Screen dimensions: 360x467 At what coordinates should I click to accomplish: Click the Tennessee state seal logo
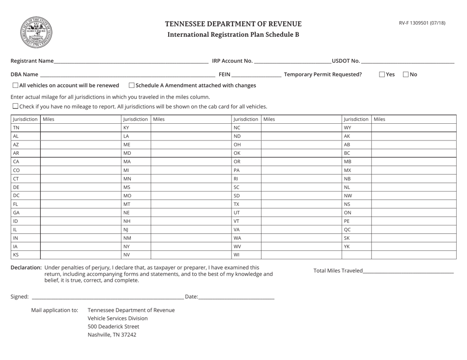click(35, 31)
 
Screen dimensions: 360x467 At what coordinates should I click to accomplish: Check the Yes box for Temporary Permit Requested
click(382, 75)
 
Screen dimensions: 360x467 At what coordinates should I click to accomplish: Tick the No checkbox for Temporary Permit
click(406, 75)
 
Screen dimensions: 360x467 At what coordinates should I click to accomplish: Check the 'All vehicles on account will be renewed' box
click(15, 85)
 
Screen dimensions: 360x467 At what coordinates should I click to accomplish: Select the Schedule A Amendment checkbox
click(131, 85)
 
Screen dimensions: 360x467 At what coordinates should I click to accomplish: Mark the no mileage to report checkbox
click(15, 106)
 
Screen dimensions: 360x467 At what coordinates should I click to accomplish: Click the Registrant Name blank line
click(131, 61)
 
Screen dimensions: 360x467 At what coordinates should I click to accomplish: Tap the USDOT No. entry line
click(408, 61)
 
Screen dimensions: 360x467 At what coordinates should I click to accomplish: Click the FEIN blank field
click(256, 75)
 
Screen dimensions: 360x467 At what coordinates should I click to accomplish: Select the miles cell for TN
click(81, 128)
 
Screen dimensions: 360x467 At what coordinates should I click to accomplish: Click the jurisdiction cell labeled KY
click(135, 128)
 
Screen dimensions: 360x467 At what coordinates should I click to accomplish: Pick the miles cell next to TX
click(301, 203)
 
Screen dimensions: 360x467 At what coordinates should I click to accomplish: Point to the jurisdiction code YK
click(347, 246)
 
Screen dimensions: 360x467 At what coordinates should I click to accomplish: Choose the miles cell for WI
click(301, 255)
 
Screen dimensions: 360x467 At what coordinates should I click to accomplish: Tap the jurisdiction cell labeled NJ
click(135, 229)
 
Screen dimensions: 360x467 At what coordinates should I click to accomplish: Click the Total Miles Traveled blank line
click(408, 271)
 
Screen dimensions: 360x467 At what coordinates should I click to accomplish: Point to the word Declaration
click(26, 268)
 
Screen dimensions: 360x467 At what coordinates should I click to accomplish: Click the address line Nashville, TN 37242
click(112, 335)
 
